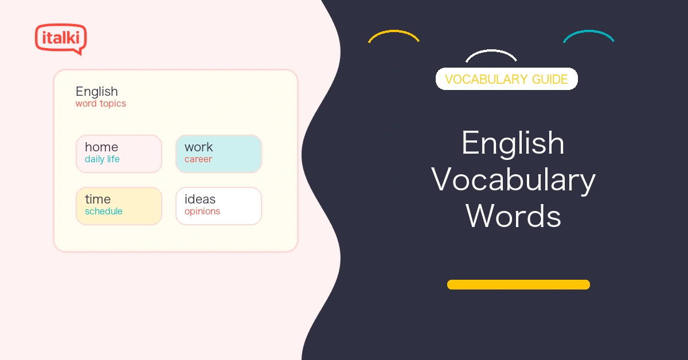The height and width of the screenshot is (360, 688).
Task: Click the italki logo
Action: pyautogui.click(x=61, y=39)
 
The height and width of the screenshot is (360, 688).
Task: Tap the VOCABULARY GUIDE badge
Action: pyautogui.click(x=506, y=79)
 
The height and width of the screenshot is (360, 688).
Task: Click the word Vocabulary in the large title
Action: pyautogui.click(x=513, y=180)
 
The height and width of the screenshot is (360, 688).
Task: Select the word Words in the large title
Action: pyautogui.click(x=513, y=216)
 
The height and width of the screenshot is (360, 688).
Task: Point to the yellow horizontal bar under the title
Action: pyautogui.click(x=518, y=284)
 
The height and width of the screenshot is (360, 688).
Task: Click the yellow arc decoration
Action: pyautogui.click(x=394, y=32)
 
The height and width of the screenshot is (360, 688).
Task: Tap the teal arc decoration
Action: pyautogui.click(x=588, y=32)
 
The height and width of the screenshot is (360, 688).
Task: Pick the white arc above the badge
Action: pyautogui.click(x=491, y=50)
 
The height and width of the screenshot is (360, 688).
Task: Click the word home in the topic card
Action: pyautogui.click(x=101, y=147)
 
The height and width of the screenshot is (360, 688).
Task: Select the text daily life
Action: pyautogui.click(x=102, y=159)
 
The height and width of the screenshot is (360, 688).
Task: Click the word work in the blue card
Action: pyautogui.click(x=198, y=147)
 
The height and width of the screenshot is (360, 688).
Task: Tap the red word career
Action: pyautogui.click(x=198, y=159)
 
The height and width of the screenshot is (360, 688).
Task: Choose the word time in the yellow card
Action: pyautogui.click(x=97, y=199)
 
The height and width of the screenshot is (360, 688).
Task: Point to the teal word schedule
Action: pyautogui.click(x=104, y=212)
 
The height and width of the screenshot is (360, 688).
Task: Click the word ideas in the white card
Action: pyautogui.click(x=200, y=199)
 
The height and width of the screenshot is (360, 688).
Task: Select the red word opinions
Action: pyautogui.click(x=202, y=212)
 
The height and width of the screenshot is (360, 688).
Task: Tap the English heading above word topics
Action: pyautogui.click(x=97, y=92)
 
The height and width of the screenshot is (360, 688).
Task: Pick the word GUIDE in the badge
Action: pyautogui.click(x=550, y=79)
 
